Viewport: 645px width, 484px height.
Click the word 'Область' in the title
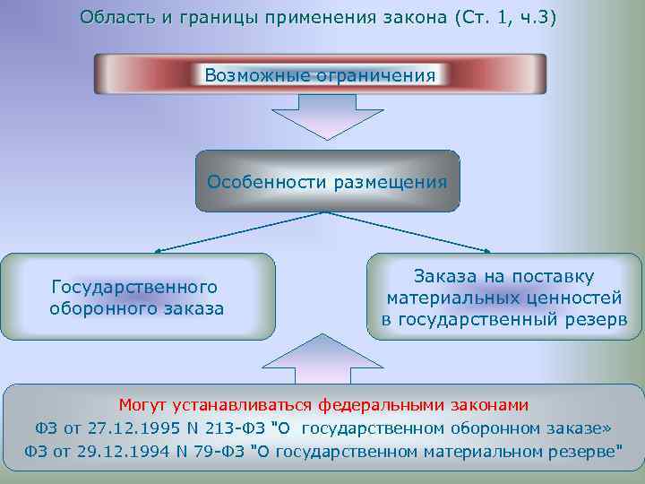pyautogui.click(x=109, y=18)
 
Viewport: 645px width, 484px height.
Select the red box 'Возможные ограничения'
pyautogui.click(x=320, y=74)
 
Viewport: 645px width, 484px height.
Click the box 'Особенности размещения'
pyautogui.click(x=327, y=181)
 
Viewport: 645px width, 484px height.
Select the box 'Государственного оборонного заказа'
pyautogui.click(x=136, y=298)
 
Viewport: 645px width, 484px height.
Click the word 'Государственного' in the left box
pyautogui.click(x=135, y=287)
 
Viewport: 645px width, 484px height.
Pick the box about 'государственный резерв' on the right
pyautogui.click(x=504, y=298)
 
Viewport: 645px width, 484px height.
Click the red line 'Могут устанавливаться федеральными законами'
pyautogui.click(x=324, y=404)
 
